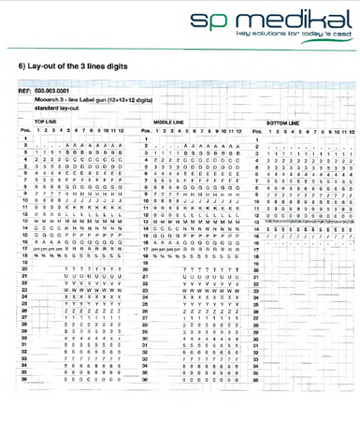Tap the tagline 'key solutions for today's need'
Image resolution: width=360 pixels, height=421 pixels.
299,34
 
